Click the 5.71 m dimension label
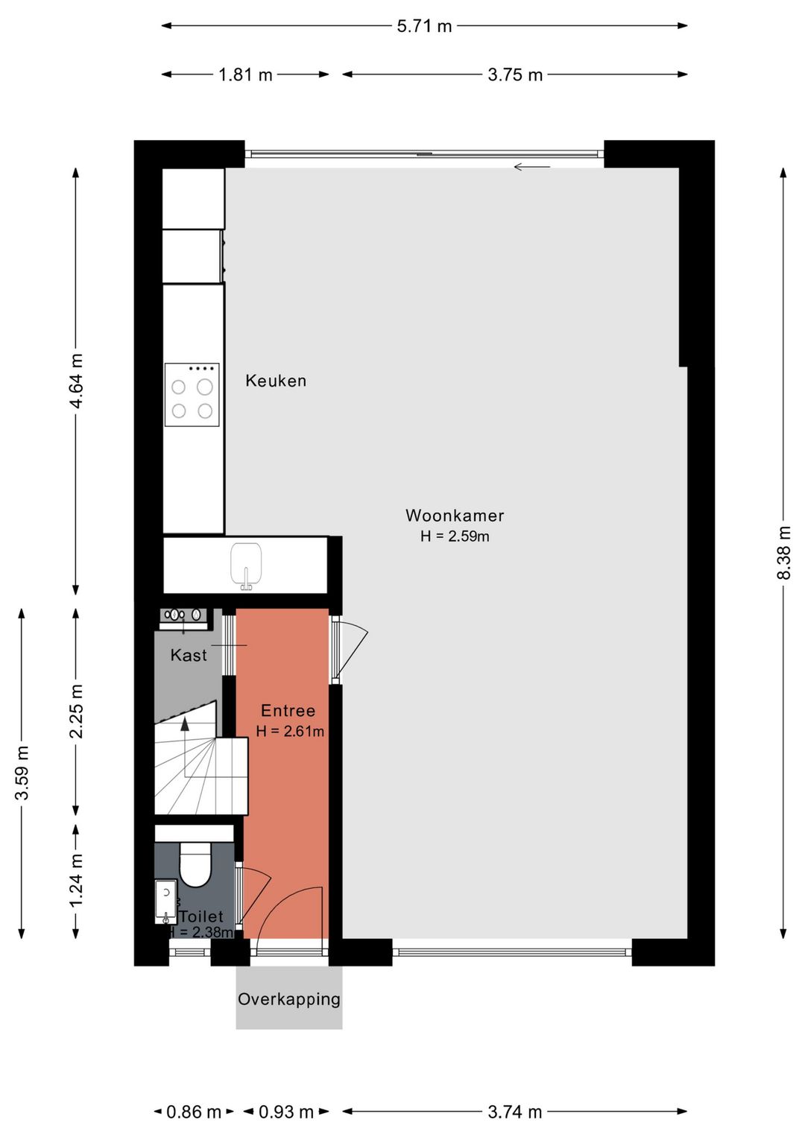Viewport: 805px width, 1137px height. click(424, 26)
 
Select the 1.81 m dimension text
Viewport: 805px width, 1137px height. click(245, 75)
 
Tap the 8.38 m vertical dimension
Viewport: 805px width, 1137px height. click(783, 553)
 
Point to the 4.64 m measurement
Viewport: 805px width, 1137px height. click(76, 381)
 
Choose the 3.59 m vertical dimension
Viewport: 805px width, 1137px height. click(22, 773)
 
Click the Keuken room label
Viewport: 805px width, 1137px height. click(276, 381)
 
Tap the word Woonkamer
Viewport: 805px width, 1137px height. click(455, 515)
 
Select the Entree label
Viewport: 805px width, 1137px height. click(288, 710)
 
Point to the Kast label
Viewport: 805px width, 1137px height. click(189, 655)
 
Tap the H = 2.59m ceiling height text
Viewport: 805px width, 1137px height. click(455, 536)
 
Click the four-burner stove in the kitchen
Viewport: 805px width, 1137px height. click(192, 394)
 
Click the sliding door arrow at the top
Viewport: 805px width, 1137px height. click(531, 166)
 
